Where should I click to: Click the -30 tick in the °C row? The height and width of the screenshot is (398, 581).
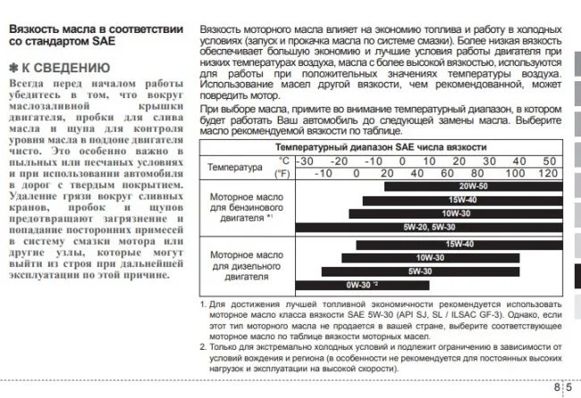307,161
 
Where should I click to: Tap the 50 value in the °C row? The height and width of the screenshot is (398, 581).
549,161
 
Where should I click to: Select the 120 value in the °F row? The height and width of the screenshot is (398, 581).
549,173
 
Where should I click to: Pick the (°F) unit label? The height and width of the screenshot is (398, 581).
282,173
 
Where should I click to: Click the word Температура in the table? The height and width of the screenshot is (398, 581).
234,167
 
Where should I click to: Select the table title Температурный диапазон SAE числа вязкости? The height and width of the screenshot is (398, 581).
381,146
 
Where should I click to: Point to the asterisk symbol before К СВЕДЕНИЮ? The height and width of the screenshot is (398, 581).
13,68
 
